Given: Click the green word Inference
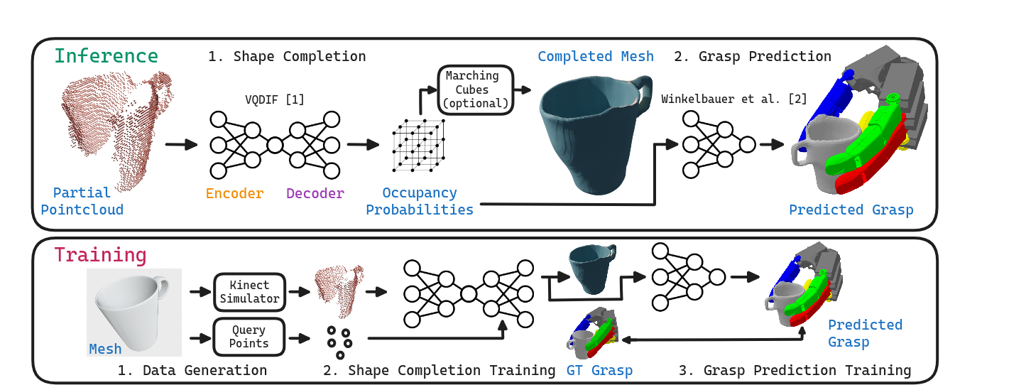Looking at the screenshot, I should coord(107,56).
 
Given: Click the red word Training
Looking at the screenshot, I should coord(100,255).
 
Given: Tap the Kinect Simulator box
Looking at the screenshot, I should coord(249,292).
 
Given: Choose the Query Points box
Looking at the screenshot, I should coord(249,337).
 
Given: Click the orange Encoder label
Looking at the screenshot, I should coord(234,193).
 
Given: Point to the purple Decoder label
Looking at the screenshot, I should coord(315,193).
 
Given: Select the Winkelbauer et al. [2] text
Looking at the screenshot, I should coord(734,99).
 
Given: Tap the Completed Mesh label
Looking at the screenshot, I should coord(596,56).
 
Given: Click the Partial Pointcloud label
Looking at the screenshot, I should coord(82,201).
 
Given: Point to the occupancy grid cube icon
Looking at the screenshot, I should coord(419,145).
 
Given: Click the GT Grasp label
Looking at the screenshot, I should coord(599,370).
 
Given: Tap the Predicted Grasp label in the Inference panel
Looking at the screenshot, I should coord(851,210).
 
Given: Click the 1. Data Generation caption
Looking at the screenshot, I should coord(192,370).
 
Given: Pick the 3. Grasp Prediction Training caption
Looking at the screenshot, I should coord(795,370).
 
